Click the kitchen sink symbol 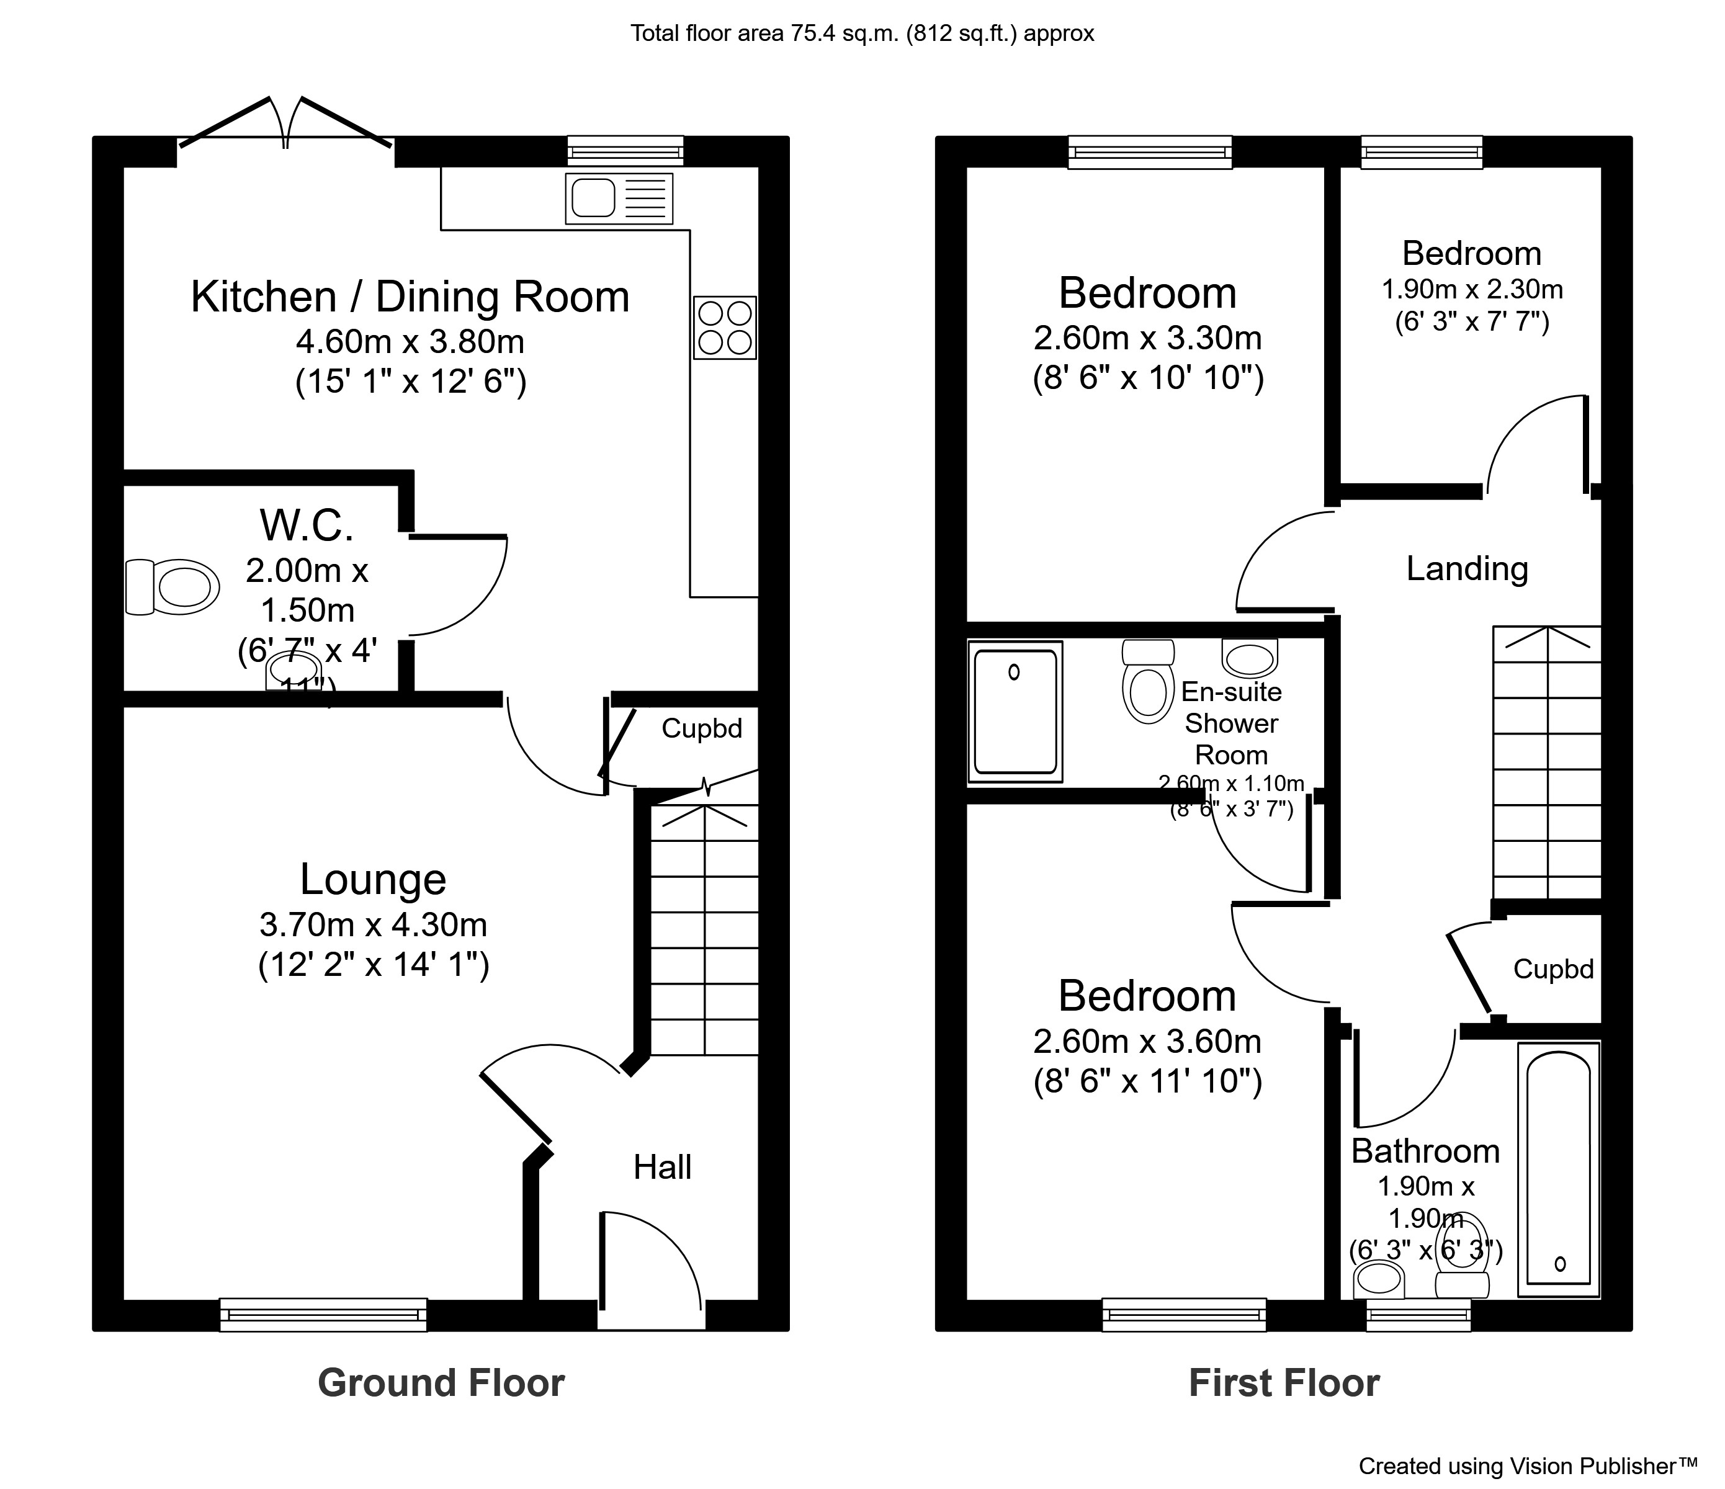619,198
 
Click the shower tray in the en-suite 1015,712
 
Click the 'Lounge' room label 373,880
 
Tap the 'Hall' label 662,1167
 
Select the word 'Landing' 1467,570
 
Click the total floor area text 862,34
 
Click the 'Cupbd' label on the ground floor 701,728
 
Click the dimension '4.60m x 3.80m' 410,341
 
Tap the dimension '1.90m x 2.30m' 1472,290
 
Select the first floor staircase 1547,762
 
